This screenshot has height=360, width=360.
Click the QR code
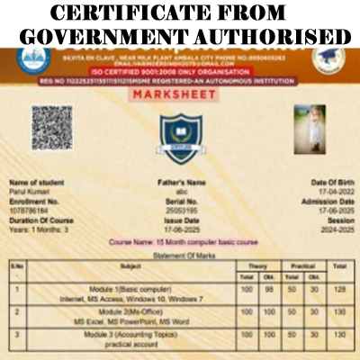(x=51, y=127)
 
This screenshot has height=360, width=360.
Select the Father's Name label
(x=183, y=182)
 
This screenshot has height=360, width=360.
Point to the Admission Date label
(x=323, y=200)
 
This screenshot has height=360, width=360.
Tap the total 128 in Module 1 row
(x=339, y=289)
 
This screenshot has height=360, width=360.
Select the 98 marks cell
(x=267, y=289)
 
